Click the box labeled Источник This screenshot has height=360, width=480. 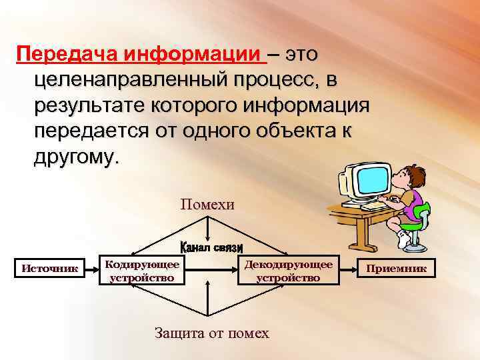(50, 269)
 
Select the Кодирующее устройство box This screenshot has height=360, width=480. (141, 270)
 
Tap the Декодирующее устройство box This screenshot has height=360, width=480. (288, 270)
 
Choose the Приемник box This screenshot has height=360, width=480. (398, 269)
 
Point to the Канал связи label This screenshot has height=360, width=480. (210, 247)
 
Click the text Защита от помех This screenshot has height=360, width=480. (211, 333)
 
